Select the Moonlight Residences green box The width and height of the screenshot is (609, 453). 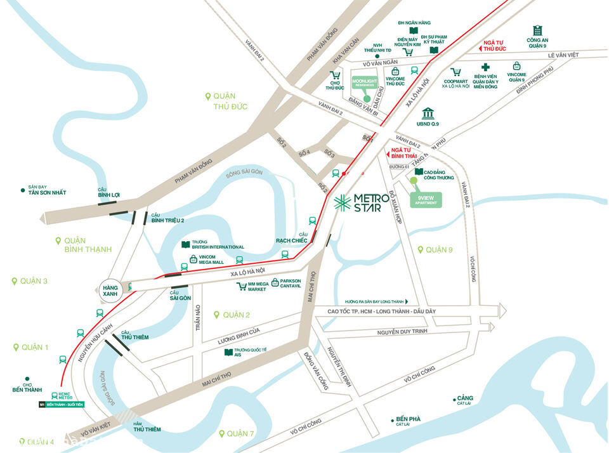(364, 86)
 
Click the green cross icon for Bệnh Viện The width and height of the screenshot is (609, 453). (486, 67)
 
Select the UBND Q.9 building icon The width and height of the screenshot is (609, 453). (428, 113)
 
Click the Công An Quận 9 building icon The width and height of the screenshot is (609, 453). (538, 30)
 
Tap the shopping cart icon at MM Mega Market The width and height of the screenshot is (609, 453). (241, 287)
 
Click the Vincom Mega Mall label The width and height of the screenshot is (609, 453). (212, 259)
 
